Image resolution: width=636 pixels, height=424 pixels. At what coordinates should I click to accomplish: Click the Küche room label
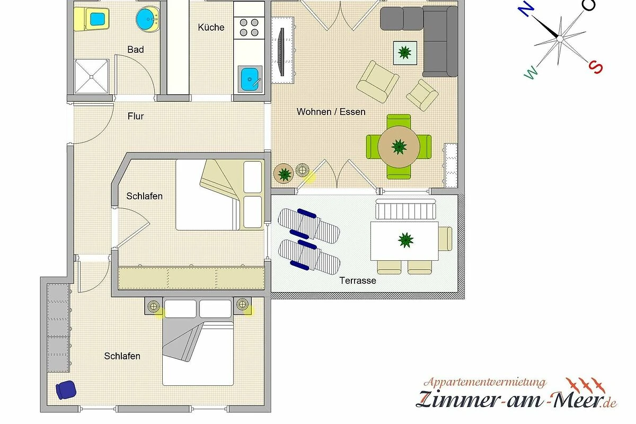pyautogui.click(x=211, y=27)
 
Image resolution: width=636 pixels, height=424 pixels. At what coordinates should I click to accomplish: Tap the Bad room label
pyautogui.click(x=136, y=49)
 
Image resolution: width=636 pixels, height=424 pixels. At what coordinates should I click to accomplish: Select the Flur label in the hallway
pyautogui.click(x=136, y=116)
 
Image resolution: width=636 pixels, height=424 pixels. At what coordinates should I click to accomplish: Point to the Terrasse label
pyautogui.click(x=357, y=280)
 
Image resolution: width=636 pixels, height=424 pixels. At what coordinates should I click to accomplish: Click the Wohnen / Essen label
pyautogui.click(x=331, y=112)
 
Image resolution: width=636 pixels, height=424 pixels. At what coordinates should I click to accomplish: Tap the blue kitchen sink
pyautogui.click(x=250, y=79)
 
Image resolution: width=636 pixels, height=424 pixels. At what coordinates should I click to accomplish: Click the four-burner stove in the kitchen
pyautogui.click(x=249, y=28)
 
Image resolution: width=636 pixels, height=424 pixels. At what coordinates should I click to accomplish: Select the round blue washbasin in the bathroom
pyautogui.click(x=147, y=19)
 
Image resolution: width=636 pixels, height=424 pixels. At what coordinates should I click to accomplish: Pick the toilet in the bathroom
pyautogui.click(x=91, y=19)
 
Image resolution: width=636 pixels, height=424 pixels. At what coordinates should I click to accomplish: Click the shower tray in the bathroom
pyautogui.click(x=91, y=76)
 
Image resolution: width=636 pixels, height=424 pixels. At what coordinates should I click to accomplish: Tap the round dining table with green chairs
pyautogui.click(x=399, y=147)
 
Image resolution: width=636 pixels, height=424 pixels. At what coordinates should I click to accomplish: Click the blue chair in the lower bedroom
pyautogui.click(x=66, y=390)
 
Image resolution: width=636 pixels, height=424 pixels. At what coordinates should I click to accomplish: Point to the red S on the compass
pyautogui.click(x=595, y=67)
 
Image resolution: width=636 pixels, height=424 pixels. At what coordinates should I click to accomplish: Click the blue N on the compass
pyautogui.click(x=526, y=9)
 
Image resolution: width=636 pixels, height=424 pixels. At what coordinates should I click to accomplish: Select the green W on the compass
pyautogui.click(x=531, y=73)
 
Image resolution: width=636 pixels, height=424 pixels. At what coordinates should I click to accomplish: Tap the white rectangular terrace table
pyautogui.click(x=404, y=241)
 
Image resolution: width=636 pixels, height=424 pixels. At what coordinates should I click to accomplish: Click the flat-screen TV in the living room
pyautogui.click(x=282, y=52)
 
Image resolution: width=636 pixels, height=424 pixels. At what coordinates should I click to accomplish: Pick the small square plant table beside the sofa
pyautogui.click(x=405, y=53)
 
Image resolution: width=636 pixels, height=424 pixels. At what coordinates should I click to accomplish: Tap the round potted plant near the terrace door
pyautogui.click(x=284, y=173)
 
